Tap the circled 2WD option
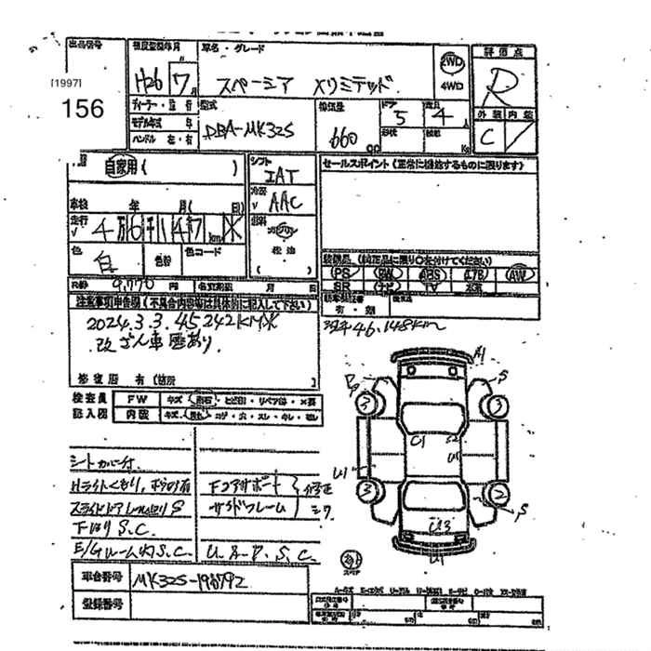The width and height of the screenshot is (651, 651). click(452, 62)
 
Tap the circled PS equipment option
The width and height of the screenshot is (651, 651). click(344, 274)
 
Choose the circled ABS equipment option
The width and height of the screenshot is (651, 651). click(430, 274)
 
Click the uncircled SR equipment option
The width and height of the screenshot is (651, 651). click(343, 287)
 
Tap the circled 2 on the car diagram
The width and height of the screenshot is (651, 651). click(502, 493)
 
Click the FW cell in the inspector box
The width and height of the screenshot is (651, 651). click(132, 397)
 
